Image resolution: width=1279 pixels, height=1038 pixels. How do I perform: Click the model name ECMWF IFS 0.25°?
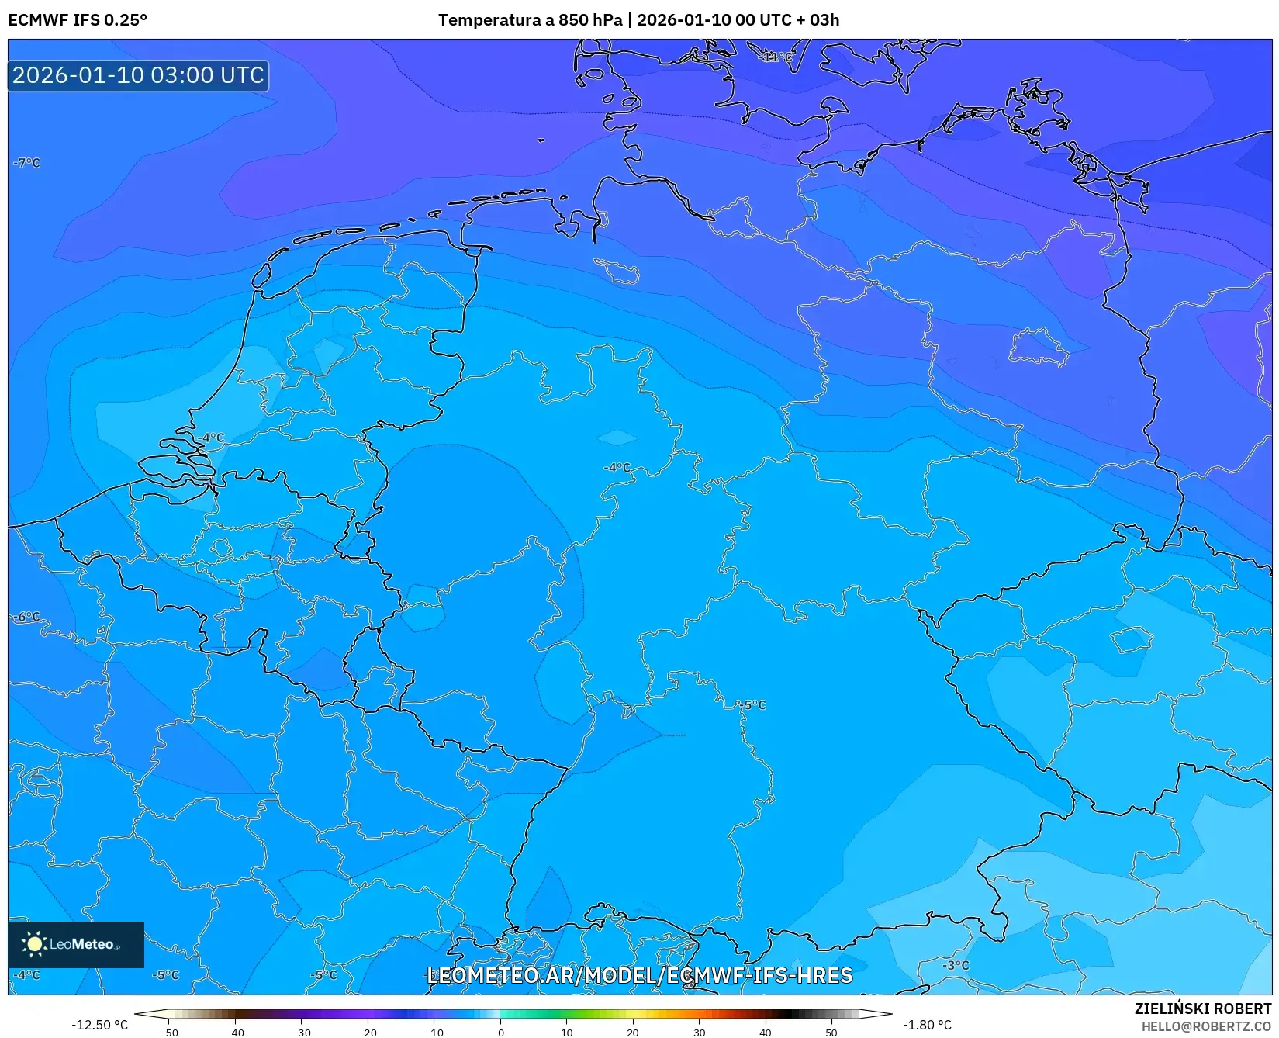point(78,20)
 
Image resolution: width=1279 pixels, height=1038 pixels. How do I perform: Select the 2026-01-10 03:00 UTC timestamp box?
point(138,75)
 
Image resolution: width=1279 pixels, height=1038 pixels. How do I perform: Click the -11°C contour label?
point(777,57)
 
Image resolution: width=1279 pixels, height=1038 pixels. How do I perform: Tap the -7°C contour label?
point(27,163)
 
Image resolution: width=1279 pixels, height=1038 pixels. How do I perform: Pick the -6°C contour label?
point(27,617)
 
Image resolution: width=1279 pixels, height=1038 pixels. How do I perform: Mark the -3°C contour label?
point(956,965)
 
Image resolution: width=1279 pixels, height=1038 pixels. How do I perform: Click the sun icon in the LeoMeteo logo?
point(35,944)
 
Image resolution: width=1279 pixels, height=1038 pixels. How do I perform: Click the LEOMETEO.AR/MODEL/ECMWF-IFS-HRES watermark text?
point(640,975)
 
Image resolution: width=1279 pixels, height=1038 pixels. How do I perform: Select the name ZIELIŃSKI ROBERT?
point(1203,1009)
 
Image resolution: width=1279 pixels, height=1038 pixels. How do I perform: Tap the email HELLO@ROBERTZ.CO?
point(1206,1026)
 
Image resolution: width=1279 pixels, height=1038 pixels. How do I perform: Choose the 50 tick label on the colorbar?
point(831,1033)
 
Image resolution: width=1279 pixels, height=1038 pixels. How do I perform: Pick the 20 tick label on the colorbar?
point(633,1033)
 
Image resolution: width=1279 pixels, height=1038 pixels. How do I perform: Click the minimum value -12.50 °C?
point(99,1025)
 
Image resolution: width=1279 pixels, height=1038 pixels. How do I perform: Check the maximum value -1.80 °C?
point(927,1025)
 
